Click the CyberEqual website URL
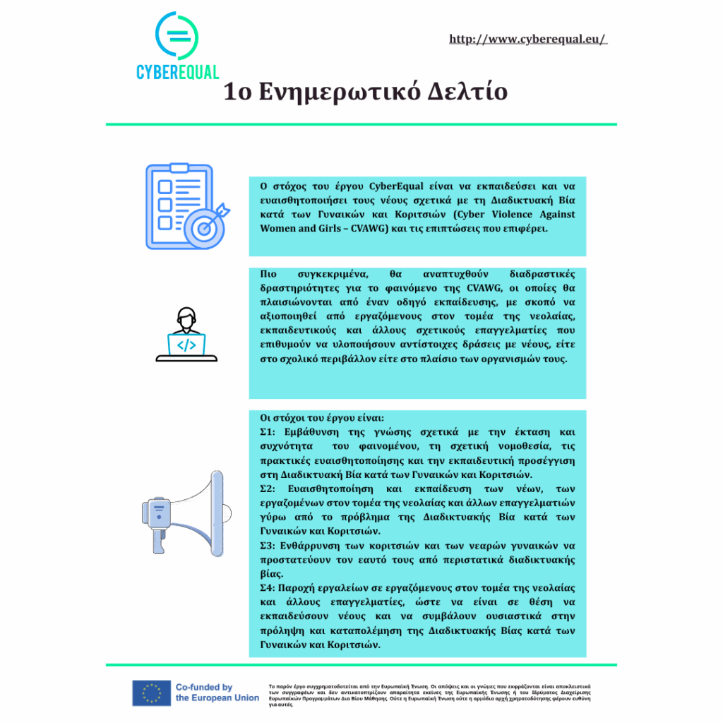527,39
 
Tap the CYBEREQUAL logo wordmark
177,72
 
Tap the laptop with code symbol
186,345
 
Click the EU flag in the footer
151,693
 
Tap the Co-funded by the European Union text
217,693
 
